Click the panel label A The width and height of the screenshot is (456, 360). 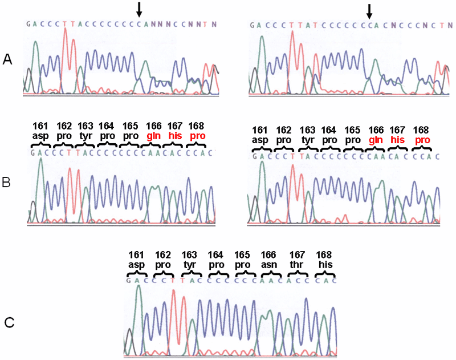(x=8, y=59)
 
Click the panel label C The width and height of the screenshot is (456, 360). (x=9, y=323)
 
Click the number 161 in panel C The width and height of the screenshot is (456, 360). (x=137, y=254)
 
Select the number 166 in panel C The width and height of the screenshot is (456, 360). (x=268, y=254)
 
